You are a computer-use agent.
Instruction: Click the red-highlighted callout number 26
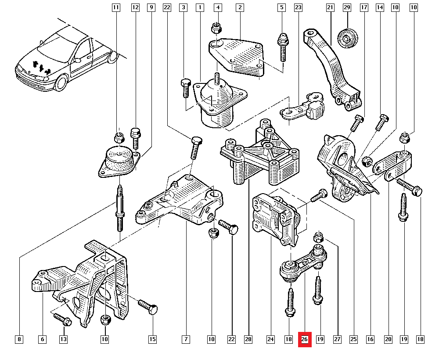point(305,339)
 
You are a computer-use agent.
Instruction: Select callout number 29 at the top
point(347,7)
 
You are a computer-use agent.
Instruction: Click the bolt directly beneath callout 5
point(282,48)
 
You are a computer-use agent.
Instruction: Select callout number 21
point(330,7)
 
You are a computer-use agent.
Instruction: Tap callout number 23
point(298,7)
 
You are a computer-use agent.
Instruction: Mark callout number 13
point(63,339)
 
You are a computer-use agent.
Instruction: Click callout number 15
point(152,339)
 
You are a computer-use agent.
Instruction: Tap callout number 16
point(371,339)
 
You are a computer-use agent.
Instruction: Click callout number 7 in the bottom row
point(186,339)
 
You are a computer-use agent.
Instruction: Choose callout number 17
point(363,7)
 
